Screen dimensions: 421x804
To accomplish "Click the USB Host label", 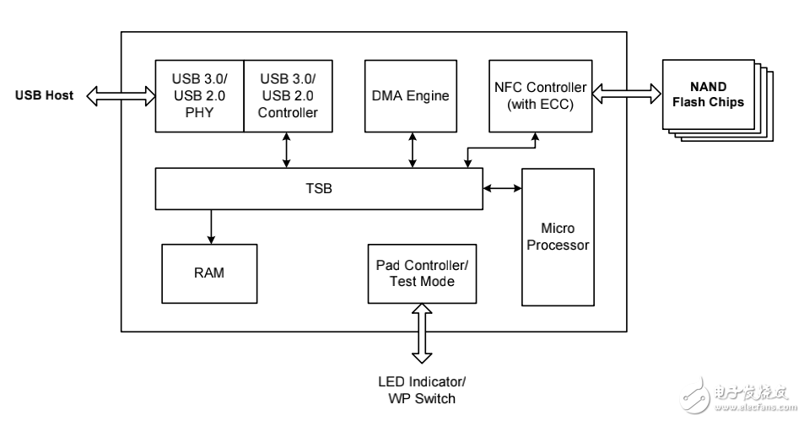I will [x=44, y=95].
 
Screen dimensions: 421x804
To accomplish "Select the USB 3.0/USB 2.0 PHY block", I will [x=199, y=95].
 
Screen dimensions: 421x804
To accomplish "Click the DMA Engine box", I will [x=411, y=95].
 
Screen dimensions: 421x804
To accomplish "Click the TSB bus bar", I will [x=318, y=188].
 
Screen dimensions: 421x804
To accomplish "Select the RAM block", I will [x=208, y=273].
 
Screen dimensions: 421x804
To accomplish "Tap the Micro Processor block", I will [x=557, y=237].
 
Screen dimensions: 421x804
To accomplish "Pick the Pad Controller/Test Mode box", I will [x=421, y=273].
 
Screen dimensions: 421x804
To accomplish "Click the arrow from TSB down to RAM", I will [x=211, y=225].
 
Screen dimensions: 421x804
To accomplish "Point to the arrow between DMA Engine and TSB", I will [x=412, y=149].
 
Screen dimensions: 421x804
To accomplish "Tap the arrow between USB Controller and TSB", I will [x=288, y=149].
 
